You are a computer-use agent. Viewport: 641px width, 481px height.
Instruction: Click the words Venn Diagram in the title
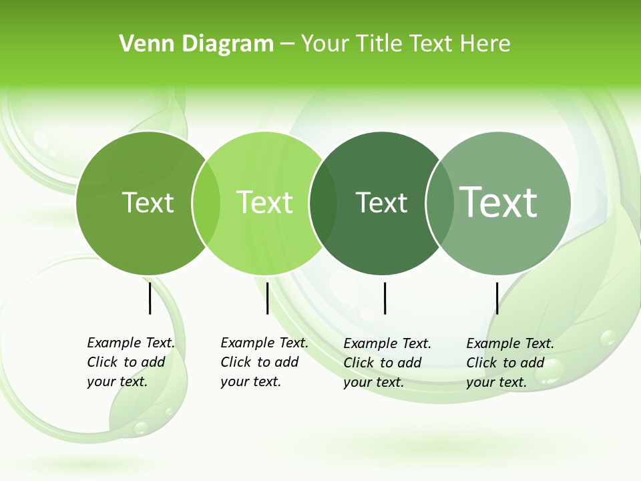pyautogui.click(x=196, y=44)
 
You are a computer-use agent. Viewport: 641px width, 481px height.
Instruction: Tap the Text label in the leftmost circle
pyautogui.click(x=148, y=202)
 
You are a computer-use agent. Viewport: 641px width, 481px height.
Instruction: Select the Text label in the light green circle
pyautogui.click(x=265, y=202)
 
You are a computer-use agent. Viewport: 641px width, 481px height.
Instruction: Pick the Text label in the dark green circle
pyautogui.click(x=381, y=202)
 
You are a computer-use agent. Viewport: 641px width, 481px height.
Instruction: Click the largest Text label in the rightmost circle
pyautogui.click(x=499, y=202)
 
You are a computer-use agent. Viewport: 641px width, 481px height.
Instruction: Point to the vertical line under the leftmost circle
pyautogui.click(x=150, y=298)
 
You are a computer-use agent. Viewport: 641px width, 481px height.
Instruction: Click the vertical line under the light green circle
pyautogui.click(x=267, y=298)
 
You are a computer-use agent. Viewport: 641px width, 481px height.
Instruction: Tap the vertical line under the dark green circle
pyautogui.click(x=385, y=298)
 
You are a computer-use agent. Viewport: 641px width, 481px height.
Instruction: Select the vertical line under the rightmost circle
pyautogui.click(x=497, y=298)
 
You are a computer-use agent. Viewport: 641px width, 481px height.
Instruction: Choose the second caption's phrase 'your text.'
pyautogui.click(x=251, y=381)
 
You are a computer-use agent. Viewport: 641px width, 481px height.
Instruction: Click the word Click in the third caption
pyautogui.click(x=359, y=363)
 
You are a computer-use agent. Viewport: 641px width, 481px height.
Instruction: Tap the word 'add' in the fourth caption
pyautogui.click(x=533, y=363)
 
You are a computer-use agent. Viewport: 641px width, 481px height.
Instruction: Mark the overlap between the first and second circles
pyautogui.click(x=206, y=202)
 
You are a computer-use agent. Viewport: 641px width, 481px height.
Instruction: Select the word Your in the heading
pyautogui.click(x=324, y=44)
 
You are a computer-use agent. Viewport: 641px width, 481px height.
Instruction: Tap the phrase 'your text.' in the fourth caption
pyautogui.click(x=497, y=382)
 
